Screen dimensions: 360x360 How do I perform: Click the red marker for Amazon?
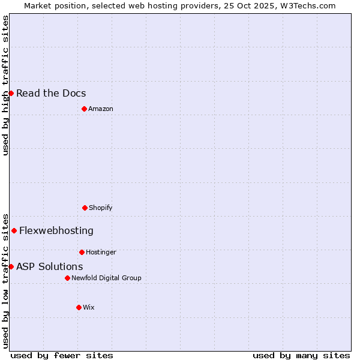pos(84,109)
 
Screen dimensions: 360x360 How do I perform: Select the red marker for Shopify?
pos(85,208)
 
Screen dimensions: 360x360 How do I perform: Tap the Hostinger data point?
pos(82,252)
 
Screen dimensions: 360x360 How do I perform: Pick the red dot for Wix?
pos(79,307)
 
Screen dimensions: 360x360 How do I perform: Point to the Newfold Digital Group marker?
pos(67,278)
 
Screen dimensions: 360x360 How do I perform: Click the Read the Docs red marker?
pos(11,93)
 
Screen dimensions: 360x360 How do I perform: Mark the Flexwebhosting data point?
pos(14,230)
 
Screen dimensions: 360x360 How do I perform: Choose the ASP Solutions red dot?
pos(11,266)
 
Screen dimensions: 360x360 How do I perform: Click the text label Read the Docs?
pos(51,93)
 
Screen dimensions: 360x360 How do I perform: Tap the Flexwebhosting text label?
pos(56,230)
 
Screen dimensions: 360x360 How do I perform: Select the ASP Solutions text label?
pos(50,266)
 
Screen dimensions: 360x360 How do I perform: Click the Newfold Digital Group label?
pos(106,278)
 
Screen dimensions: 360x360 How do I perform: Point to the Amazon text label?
pos(101,109)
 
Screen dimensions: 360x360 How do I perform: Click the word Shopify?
pos(101,208)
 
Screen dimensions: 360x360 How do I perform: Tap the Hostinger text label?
pos(101,252)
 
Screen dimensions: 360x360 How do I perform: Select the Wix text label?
pos(89,307)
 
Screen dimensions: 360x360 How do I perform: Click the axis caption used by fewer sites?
pos(62,355)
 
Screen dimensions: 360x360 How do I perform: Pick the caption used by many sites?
pos(301,355)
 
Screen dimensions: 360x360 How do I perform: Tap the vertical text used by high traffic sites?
pos(5,85)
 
